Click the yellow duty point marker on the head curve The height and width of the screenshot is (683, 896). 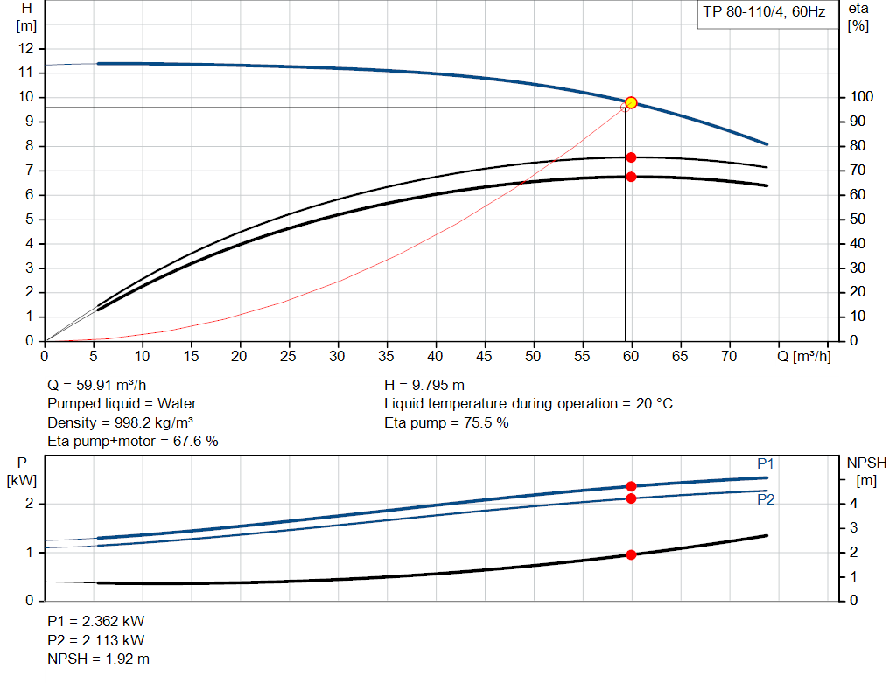coord(631,103)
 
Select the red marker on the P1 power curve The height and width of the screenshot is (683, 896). coord(631,486)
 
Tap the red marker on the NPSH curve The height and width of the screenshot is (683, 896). coord(631,554)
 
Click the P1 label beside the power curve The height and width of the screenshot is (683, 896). coord(766,463)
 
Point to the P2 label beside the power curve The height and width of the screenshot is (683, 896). coord(766,499)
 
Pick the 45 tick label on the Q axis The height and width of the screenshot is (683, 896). coord(484,356)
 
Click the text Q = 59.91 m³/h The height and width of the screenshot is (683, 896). coord(97,385)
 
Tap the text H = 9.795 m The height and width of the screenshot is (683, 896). coord(424,385)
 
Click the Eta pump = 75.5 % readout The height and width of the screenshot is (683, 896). coord(446,422)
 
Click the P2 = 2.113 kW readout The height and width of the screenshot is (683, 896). coord(95,639)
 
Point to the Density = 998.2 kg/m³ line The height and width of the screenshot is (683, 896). coord(120,422)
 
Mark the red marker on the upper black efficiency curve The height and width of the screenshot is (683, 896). coord(631,157)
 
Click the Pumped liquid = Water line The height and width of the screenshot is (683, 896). coord(122,403)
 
